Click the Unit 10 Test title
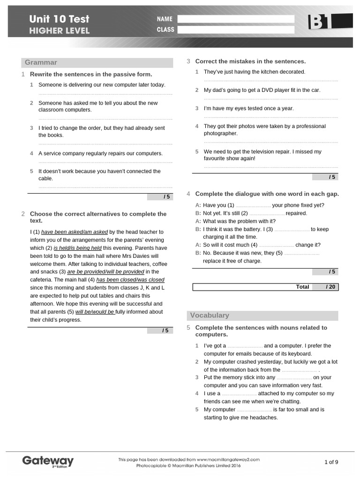[x=59, y=19]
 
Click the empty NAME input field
[x=236, y=19]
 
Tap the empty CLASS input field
[x=236, y=30]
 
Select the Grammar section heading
[x=41, y=62]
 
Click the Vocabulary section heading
[x=209, y=315]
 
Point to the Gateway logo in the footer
[x=48, y=461]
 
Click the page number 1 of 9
[x=331, y=462]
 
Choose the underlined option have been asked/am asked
[x=75, y=232]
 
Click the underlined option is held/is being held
[x=77, y=248]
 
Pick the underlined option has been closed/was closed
[x=130, y=280]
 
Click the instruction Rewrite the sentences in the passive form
[x=91, y=75]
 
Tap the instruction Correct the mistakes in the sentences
[x=250, y=61]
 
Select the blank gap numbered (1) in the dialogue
[x=253, y=206]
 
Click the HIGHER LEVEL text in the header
[x=59, y=31]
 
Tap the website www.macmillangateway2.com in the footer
[x=228, y=460]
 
